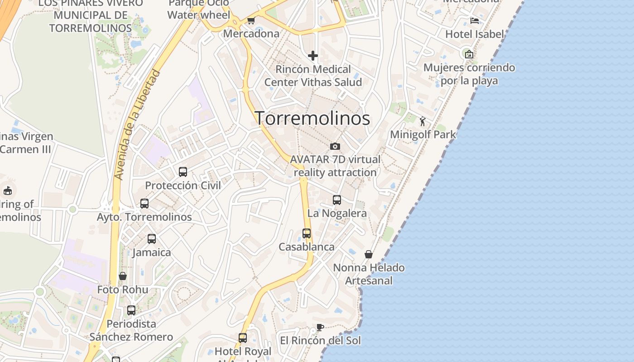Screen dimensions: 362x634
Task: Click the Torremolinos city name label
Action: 312,118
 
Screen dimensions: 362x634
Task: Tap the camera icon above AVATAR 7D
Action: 335,146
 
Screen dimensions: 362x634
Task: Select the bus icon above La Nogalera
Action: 337,200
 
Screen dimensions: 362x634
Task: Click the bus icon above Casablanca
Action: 307,233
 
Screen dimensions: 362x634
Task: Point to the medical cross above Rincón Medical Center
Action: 313,56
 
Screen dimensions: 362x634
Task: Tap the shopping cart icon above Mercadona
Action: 251,21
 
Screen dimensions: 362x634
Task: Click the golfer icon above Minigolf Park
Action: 423,121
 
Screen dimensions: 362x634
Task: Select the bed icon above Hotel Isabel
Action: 475,21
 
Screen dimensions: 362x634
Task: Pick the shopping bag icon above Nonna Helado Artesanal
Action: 369,254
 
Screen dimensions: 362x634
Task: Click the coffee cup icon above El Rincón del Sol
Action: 320,327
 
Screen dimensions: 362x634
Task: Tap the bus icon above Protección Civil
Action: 183,172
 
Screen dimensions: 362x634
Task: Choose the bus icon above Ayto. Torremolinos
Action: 144,204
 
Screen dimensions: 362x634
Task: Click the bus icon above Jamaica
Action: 152,239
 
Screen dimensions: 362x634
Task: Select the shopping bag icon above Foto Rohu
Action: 123,276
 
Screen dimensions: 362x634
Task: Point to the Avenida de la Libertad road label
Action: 138,124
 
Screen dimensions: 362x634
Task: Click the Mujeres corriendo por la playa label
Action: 469,74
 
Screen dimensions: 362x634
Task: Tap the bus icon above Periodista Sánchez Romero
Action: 131,310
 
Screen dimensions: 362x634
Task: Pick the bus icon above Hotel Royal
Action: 243,338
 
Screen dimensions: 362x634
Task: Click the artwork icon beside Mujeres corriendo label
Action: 469,54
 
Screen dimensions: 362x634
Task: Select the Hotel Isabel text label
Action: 475,34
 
